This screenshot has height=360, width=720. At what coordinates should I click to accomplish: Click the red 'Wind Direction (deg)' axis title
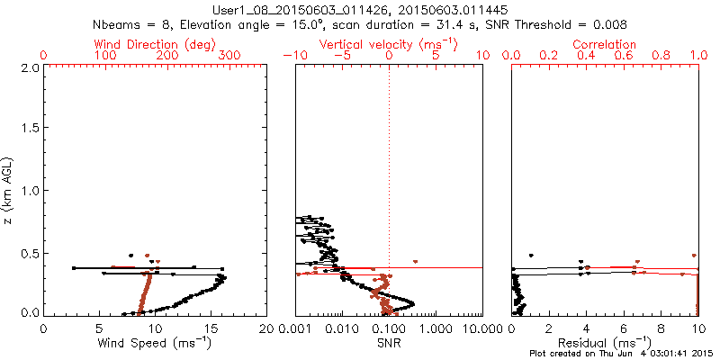coord(156,43)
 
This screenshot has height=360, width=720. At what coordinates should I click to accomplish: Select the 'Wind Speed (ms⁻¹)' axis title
coord(156,342)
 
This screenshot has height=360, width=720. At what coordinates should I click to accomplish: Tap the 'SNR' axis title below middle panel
coord(390,342)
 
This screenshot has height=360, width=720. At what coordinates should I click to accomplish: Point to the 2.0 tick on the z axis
coord(29,67)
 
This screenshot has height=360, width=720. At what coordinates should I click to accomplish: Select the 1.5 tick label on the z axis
coord(29,129)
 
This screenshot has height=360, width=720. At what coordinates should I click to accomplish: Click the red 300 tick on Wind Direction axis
coord(229,56)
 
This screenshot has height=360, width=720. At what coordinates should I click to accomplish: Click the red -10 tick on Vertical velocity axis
coord(293,56)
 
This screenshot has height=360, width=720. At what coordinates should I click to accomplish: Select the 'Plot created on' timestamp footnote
coord(621,354)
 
